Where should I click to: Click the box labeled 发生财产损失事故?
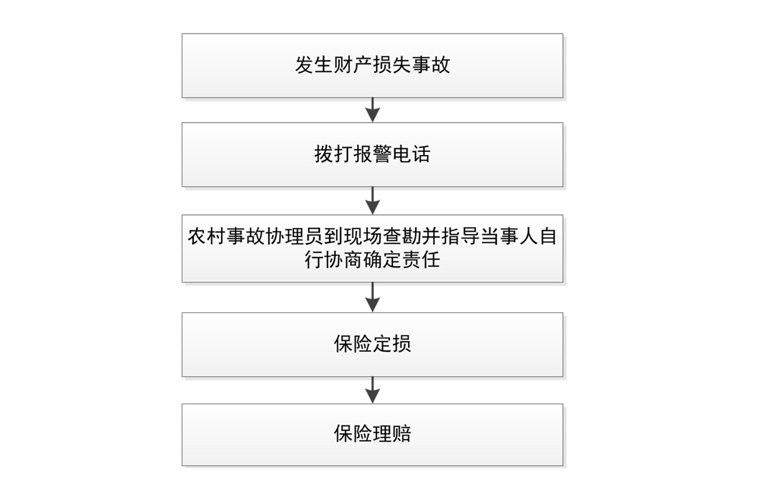[372, 65]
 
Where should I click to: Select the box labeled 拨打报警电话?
[372, 154]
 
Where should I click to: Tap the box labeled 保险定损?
[372, 344]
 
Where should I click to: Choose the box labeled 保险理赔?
[372, 435]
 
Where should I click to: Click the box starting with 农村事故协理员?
[372, 248]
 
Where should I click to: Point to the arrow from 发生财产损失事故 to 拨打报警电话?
[372, 110]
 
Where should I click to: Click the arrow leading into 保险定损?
[372, 297]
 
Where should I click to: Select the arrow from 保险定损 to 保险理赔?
[372, 390]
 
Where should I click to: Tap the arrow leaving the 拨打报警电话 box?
[372, 201]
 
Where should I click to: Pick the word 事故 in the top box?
[431, 65]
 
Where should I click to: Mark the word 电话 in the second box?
[411, 154]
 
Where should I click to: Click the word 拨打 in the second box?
[334, 154]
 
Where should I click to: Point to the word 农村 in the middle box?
[207, 236]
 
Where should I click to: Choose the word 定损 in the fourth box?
[392, 344]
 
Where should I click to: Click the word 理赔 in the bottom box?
[392, 435]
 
